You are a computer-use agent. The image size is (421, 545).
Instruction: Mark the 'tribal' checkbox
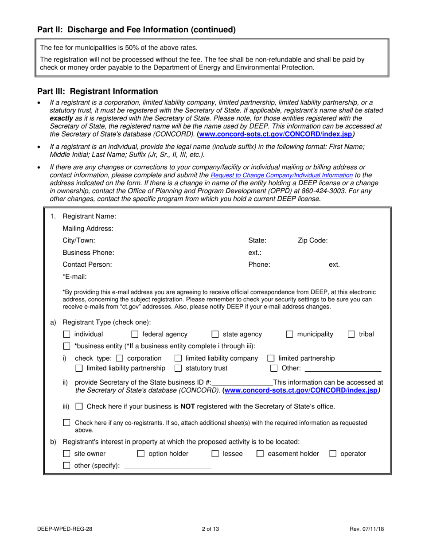pos(351,335)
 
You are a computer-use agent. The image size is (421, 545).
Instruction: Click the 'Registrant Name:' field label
pos(90,216)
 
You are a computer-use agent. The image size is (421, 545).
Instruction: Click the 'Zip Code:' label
pos(312,241)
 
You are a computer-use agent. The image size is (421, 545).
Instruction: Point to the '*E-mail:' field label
pos(75,276)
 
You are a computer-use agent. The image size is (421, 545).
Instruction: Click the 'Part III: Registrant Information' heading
pos(97,92)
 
